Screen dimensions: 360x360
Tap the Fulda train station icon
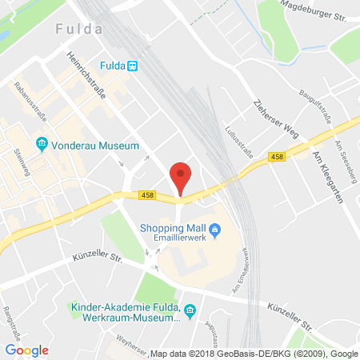(133, 67)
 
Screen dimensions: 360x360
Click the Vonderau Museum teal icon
(42, 146)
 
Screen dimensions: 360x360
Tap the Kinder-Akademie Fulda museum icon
(190, 310)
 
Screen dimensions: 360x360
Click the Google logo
(26, 350)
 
